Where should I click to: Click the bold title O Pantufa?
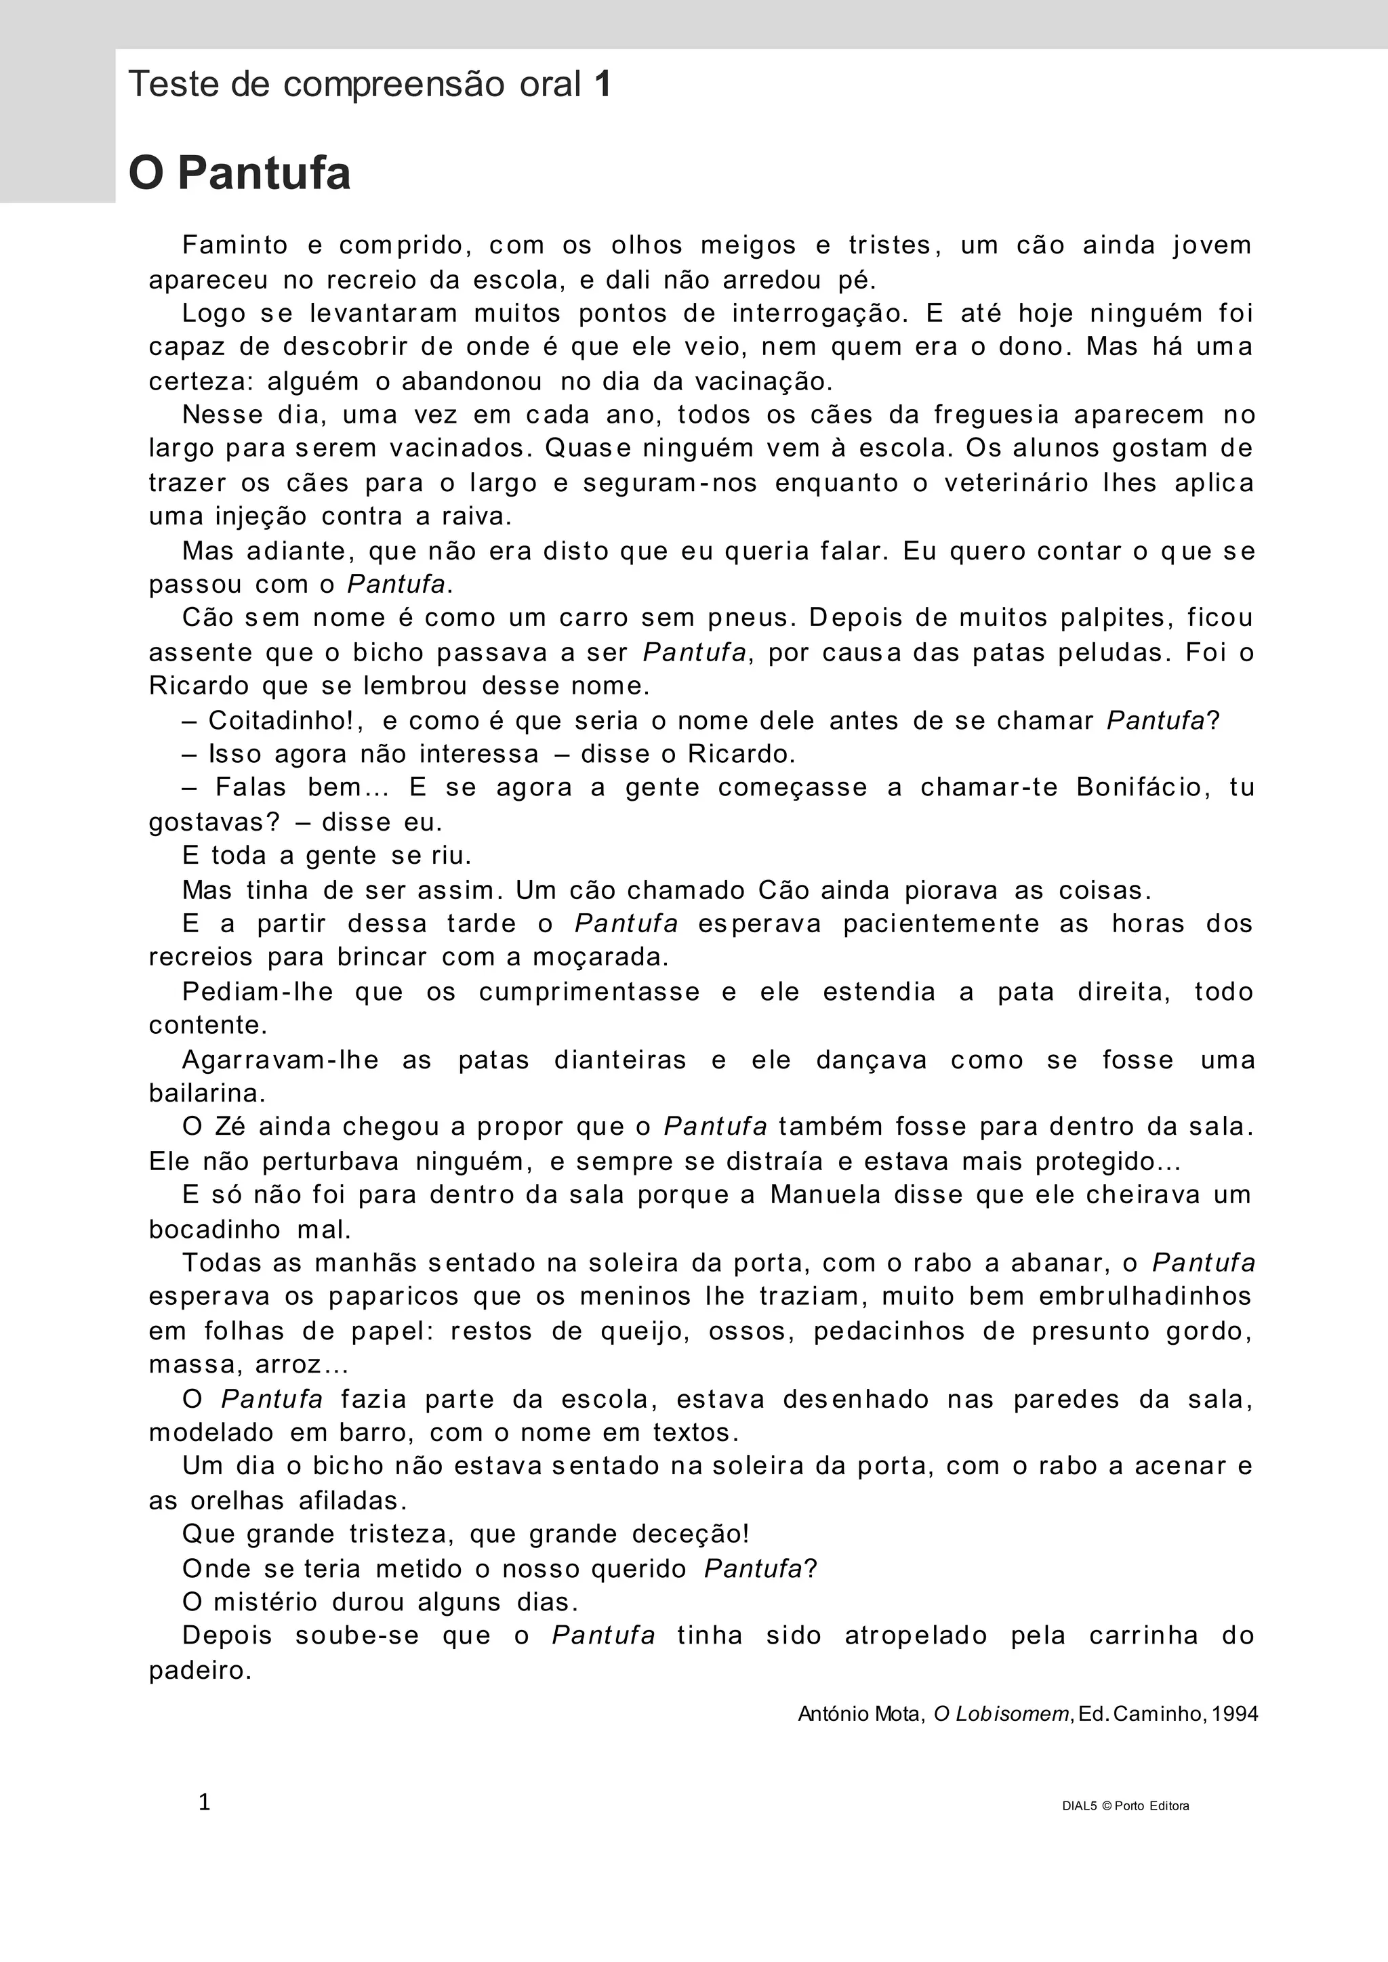(239, 173)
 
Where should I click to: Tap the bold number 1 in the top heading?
(603, 85)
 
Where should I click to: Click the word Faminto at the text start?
(235, 245)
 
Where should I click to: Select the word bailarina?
(206, 1093)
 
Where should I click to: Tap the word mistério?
(265, 1602)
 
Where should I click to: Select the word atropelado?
(916, 1635)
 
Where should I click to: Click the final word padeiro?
(199, 1671)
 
